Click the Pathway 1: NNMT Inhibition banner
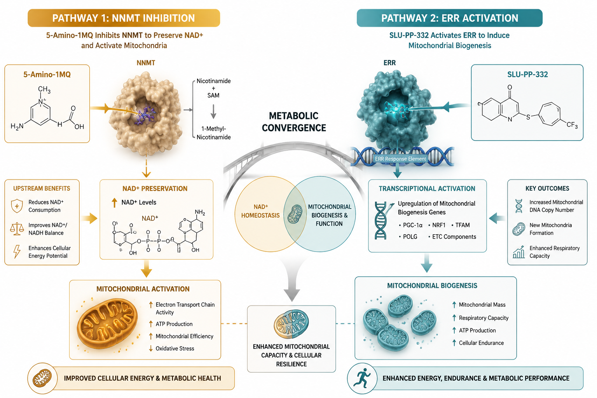click(124, 18)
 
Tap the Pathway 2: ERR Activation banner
click(449, 18)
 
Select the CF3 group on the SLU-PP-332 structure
click(572, 125)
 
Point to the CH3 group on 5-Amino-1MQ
click(44, 89)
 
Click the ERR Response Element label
click(400, 159)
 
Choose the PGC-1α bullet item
click(411, 225)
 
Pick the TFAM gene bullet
click(461, 225)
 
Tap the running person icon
click(362, 378)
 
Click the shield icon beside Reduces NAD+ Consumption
click(17, 206)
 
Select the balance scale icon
click(17, 229)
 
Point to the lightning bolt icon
click(17, 251)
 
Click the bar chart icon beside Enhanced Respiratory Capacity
click(518, 252)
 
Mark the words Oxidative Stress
click(175, 348)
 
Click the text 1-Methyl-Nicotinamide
click(213, 133)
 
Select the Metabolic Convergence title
click(294, 122)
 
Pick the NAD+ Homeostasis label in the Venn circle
click(260, 211)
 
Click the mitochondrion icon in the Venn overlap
click(295, 214)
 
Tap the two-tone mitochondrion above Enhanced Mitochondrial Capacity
click(291, 324)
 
